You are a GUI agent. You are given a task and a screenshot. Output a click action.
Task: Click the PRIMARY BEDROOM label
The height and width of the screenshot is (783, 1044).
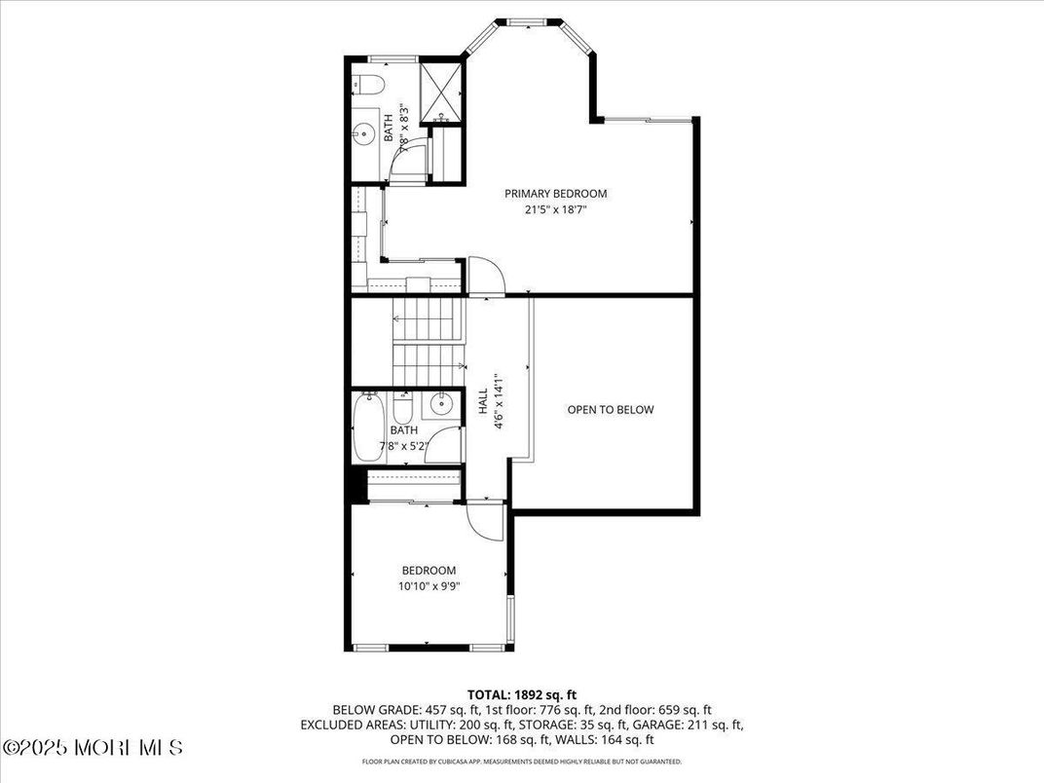(x=555, y=193)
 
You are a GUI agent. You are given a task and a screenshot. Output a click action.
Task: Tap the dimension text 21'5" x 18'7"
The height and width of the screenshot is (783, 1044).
(x=555, y=208)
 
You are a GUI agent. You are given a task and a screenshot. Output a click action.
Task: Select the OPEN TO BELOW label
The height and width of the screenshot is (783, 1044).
(x=611, y=410)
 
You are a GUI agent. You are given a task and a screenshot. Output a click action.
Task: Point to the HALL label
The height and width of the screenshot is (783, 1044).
(x=483, y=401)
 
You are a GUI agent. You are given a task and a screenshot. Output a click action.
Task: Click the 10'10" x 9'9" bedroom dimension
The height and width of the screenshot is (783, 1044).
(x=429, y=586)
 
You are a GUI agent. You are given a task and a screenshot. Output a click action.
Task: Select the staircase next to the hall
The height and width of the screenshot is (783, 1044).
(x=424, y=341)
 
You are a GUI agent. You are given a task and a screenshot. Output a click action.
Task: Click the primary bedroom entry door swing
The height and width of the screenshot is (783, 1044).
(x=485, y=275)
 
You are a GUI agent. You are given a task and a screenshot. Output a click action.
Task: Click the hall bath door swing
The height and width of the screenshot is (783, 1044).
(x=445, y=445)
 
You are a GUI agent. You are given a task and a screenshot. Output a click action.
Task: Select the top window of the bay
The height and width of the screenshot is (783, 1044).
(x=527, y=21)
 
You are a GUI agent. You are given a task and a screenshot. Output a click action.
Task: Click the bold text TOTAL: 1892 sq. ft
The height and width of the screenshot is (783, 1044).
(x=522, y=694)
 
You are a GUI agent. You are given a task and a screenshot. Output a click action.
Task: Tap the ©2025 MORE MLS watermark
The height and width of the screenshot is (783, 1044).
(x=93, y=748)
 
